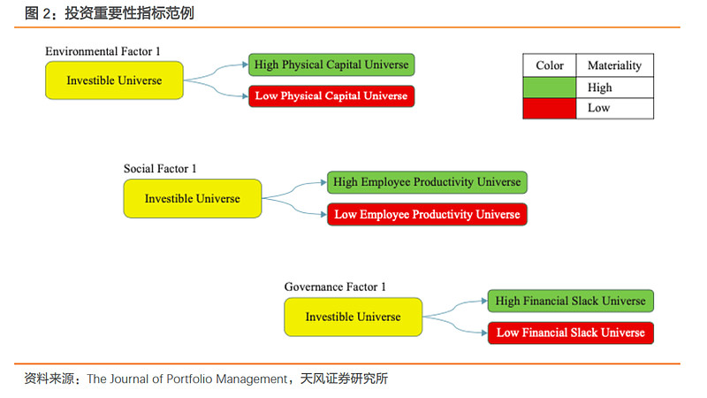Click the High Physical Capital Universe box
[331, 65]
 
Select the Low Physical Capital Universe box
[331, 96]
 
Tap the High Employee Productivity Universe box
[427, 183]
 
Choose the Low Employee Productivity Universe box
[427, 214]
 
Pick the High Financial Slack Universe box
[570, 301]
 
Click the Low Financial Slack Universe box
[570, 333]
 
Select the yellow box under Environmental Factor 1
[114, 80]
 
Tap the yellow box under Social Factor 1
[193, 198]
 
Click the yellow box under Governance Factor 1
[353, 317]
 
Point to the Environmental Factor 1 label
[103, 52]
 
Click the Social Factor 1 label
[160, 169]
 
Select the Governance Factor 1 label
[335, 287]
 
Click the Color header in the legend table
[549, 66]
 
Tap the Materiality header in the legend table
[614, 66]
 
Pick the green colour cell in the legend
[549, 88]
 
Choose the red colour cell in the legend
[549, 108]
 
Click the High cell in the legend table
[614, 88]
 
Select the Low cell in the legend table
[614, 108]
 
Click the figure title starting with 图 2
[109, 13]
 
